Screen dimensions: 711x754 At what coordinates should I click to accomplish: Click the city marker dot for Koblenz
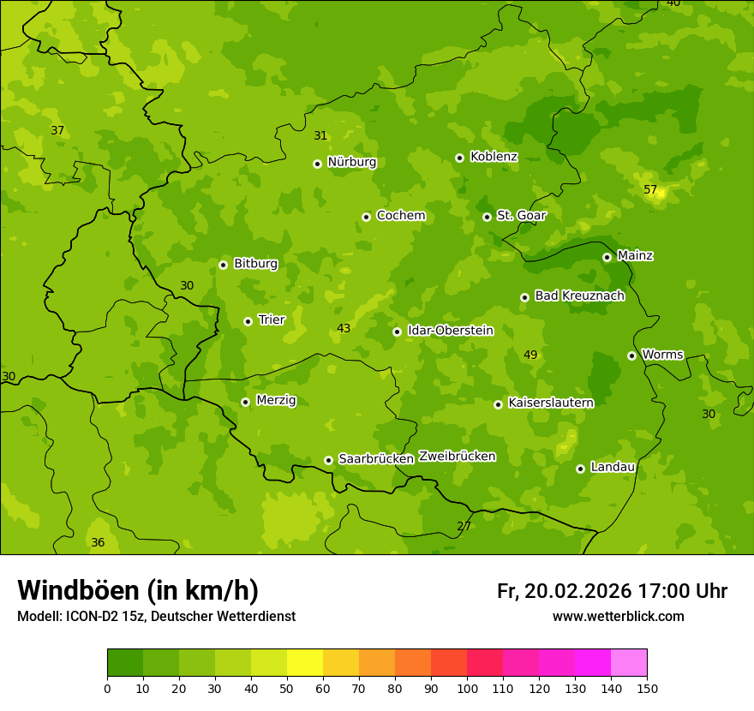459,158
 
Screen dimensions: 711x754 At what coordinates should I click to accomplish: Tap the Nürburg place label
351,162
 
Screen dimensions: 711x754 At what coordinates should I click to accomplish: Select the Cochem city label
400,216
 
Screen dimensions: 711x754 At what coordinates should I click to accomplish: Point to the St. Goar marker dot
487,217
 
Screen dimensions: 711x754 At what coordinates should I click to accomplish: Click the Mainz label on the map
635,255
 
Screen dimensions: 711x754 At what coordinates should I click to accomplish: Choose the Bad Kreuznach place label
579,296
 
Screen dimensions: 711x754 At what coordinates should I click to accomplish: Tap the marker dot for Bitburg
223,265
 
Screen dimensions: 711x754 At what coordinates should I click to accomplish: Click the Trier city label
271,320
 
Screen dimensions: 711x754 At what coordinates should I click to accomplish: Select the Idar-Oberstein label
450,331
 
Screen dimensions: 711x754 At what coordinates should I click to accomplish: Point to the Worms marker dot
631,355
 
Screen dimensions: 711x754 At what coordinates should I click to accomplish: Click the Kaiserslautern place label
551,403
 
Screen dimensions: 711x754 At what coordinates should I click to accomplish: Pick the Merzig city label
276,400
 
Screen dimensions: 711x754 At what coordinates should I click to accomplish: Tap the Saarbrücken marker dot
328,460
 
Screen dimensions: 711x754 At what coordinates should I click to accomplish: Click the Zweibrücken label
457,457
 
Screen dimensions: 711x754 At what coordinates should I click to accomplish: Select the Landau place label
613,467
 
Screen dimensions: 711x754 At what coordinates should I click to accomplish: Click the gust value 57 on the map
650,189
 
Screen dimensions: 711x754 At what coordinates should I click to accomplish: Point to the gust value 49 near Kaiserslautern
530,355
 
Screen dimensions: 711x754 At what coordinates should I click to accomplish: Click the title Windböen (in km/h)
138,590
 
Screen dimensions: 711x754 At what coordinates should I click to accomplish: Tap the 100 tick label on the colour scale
467,688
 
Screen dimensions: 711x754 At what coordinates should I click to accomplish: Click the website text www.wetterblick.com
618,617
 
